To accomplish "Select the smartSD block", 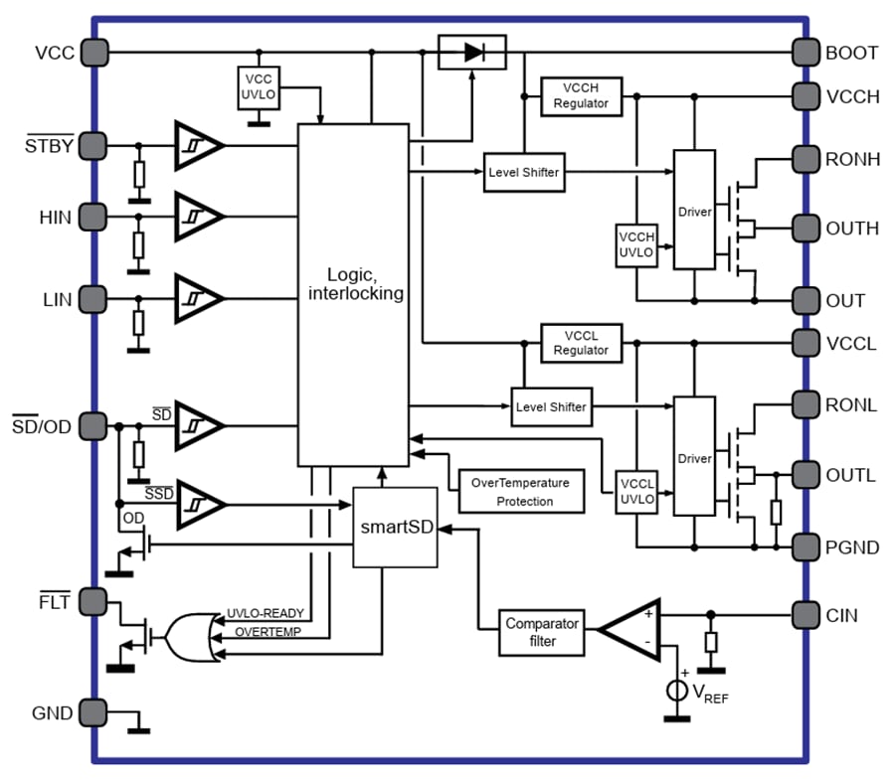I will [396, 527].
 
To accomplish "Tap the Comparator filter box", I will [542, 632].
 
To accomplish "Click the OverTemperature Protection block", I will [520, 491].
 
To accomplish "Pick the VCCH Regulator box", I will [581, 95].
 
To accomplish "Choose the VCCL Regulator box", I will [581, 343].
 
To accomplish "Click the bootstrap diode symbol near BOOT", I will [471, 52].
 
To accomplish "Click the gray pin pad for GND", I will [92, 712].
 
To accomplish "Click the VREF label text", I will [710, 694].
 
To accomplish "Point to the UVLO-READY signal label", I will [266, 614].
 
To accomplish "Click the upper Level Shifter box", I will [523, 173].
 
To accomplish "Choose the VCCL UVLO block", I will [636, 491].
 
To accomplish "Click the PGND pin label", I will [851, 547].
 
